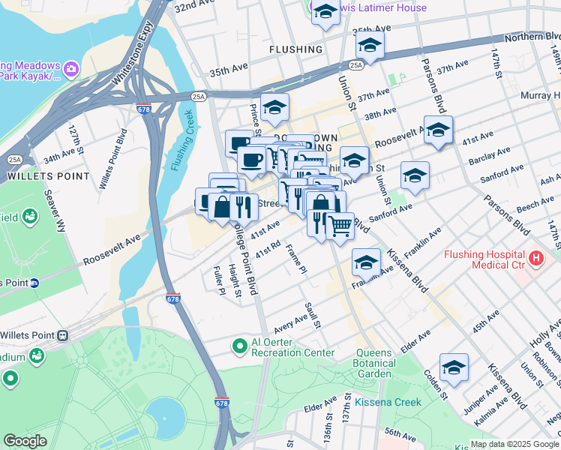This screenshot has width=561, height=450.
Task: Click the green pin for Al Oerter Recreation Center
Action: click(x=239, y=346)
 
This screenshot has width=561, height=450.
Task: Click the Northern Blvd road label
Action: click(x=532, y=36)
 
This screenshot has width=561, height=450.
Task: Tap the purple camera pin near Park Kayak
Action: click(x=72, y=70)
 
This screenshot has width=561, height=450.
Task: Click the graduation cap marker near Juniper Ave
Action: click(x=454, y=367)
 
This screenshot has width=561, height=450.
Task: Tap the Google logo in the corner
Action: click(x=25, y=441)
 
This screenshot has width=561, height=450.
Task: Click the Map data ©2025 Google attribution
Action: click(x=514, y=444)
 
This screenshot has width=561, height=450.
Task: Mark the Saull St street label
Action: click(x=313, y=315)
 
